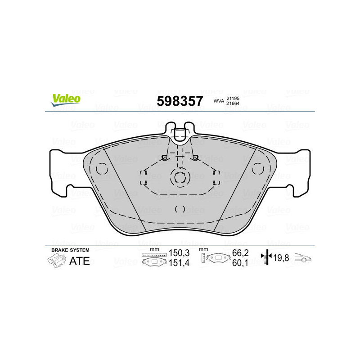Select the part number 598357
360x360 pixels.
[180, 101]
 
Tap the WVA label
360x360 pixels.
[218, 101]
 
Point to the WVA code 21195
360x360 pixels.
[233, 98]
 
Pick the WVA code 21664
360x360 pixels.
[233, 104]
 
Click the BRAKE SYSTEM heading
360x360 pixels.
[70, 250]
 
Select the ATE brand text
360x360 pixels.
[79, 261]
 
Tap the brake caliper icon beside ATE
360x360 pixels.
[56, 261]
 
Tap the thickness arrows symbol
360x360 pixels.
[267, 257]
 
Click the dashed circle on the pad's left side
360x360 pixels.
[102, 169]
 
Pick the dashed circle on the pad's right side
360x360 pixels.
[257, 169]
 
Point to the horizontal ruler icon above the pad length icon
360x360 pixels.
[154, 255]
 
